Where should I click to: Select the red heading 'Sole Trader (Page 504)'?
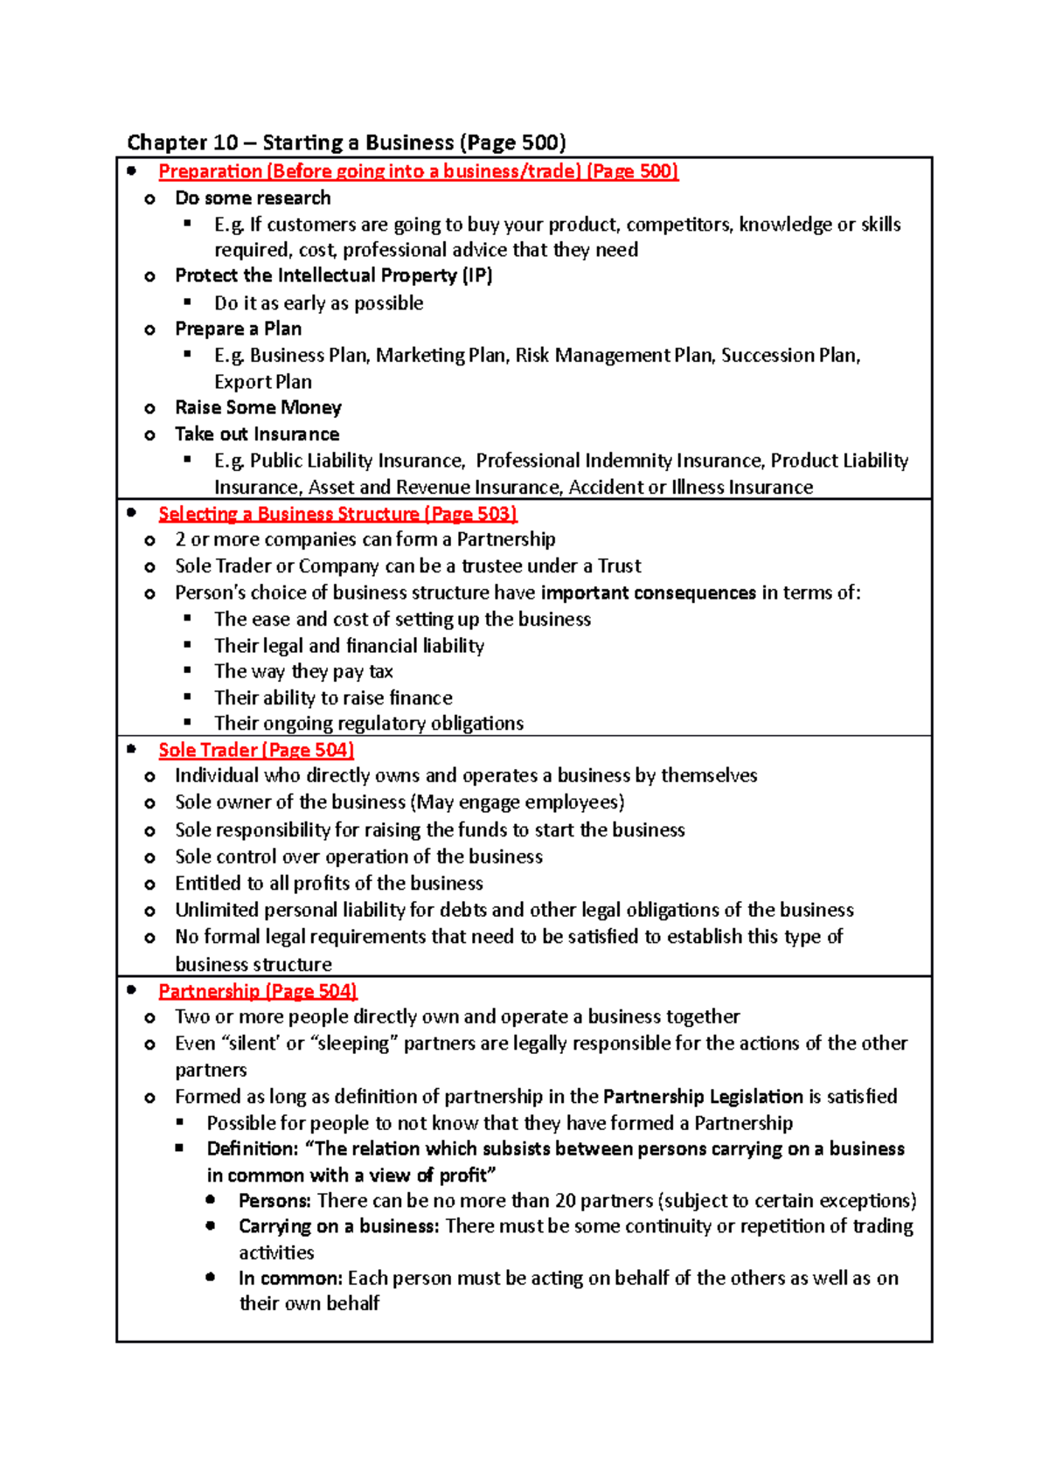(x=255, y=750)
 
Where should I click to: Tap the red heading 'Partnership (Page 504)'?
(x=258, y=991)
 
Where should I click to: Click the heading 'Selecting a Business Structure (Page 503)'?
(x=337, y=514)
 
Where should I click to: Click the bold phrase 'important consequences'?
(x=648, y=593)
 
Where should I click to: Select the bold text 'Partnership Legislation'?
(x=703, y=1096)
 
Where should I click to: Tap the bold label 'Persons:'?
(x=274, y=1200)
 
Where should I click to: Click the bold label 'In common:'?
(x=290, y=1278)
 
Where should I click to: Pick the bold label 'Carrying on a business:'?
(x=338, y=1226)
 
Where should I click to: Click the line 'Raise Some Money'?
(x=258, y=407)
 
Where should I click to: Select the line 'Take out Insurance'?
(x=257, y=434)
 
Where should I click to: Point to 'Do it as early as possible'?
(x=318, y=303)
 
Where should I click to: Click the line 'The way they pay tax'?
(x=303, y=671)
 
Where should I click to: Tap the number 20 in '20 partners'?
(x=566, y=1200)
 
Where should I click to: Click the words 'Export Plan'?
(x=262, y=382)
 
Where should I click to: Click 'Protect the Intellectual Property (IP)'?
(x=333, y=276)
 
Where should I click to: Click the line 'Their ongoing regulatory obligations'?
(x=368, y=724)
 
